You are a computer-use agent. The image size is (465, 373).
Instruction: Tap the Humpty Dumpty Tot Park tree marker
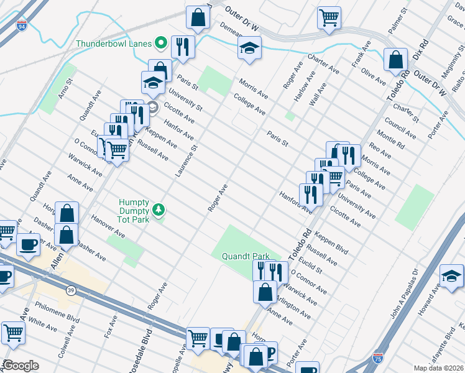point(160,210)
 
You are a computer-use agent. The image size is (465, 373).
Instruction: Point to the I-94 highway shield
point(22,27)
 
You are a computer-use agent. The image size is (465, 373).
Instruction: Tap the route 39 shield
point(71,290)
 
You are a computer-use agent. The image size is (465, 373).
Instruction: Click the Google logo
point(21,366)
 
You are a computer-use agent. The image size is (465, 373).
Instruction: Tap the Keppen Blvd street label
point(331,243)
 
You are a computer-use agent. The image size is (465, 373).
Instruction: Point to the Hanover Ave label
point(108,227)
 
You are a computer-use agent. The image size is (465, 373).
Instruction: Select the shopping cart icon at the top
point(329,17)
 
